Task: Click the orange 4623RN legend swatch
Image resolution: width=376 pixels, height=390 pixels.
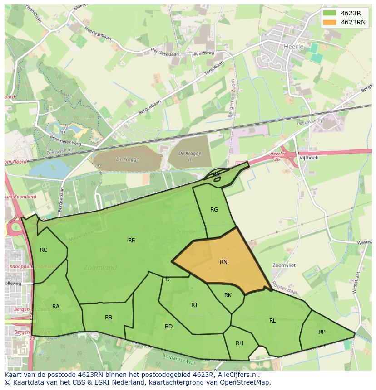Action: [x=330, y=22]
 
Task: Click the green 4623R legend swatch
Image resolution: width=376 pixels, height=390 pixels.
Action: [x=330, y=13]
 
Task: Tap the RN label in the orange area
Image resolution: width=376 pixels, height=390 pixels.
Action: [x=223, y=262]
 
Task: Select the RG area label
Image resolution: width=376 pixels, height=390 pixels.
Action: [x=214, y=210]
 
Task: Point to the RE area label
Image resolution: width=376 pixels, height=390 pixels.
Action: [x=132, y=241]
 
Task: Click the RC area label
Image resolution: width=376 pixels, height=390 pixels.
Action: [x=44, y=250]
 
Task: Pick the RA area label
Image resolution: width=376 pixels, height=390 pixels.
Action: [x=56, y=307]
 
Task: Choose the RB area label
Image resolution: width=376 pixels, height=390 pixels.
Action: [x=109, y=318]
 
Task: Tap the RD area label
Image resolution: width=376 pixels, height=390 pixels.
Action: [x=168, y=327]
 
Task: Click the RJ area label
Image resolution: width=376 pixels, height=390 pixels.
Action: [x=194, y=305]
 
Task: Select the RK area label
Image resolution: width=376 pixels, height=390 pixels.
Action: [x=228, y=295]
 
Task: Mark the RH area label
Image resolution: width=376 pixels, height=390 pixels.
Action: [x=239, y=343]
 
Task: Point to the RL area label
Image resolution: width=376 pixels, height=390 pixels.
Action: [x=272, y=321]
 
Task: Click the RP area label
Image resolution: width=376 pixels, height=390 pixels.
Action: [x=322, y=332]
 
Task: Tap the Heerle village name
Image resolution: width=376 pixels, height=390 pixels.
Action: [x=293, y=47]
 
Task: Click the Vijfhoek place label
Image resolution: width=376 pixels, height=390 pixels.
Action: [x=309, y=158]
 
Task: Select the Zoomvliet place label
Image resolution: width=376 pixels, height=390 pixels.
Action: [x=284, y=265]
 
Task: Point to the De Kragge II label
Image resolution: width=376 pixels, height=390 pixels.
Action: [x=190, y=156]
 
